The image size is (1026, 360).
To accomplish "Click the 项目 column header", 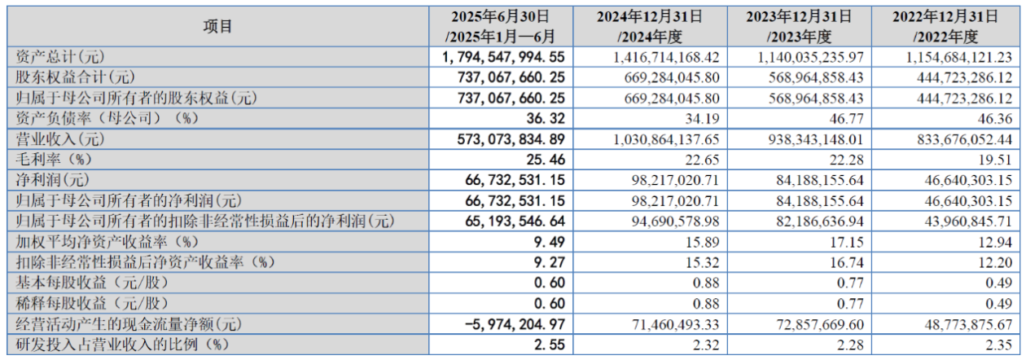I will [x=217, y=27].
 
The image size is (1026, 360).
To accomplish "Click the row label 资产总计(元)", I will [x=61, y=57].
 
